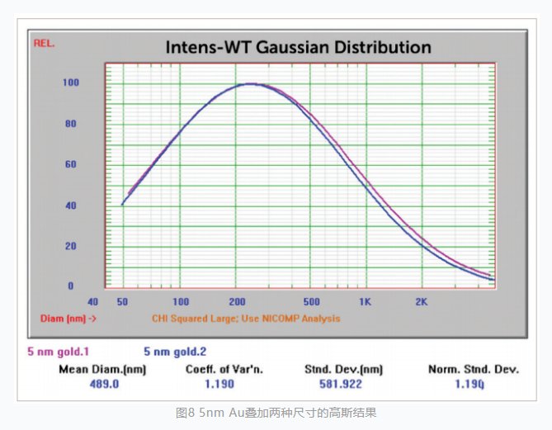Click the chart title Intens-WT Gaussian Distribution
(298, 47)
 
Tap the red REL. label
(44, 43)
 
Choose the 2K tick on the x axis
(422, 302)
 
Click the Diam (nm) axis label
(68, 318)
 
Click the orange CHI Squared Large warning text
(245, 318)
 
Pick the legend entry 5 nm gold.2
(175, 351)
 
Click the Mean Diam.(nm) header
(101, 369)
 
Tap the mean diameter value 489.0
(101, 384)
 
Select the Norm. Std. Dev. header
(473, 369)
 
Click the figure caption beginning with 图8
(276, 411)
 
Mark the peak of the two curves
(250, 83)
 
